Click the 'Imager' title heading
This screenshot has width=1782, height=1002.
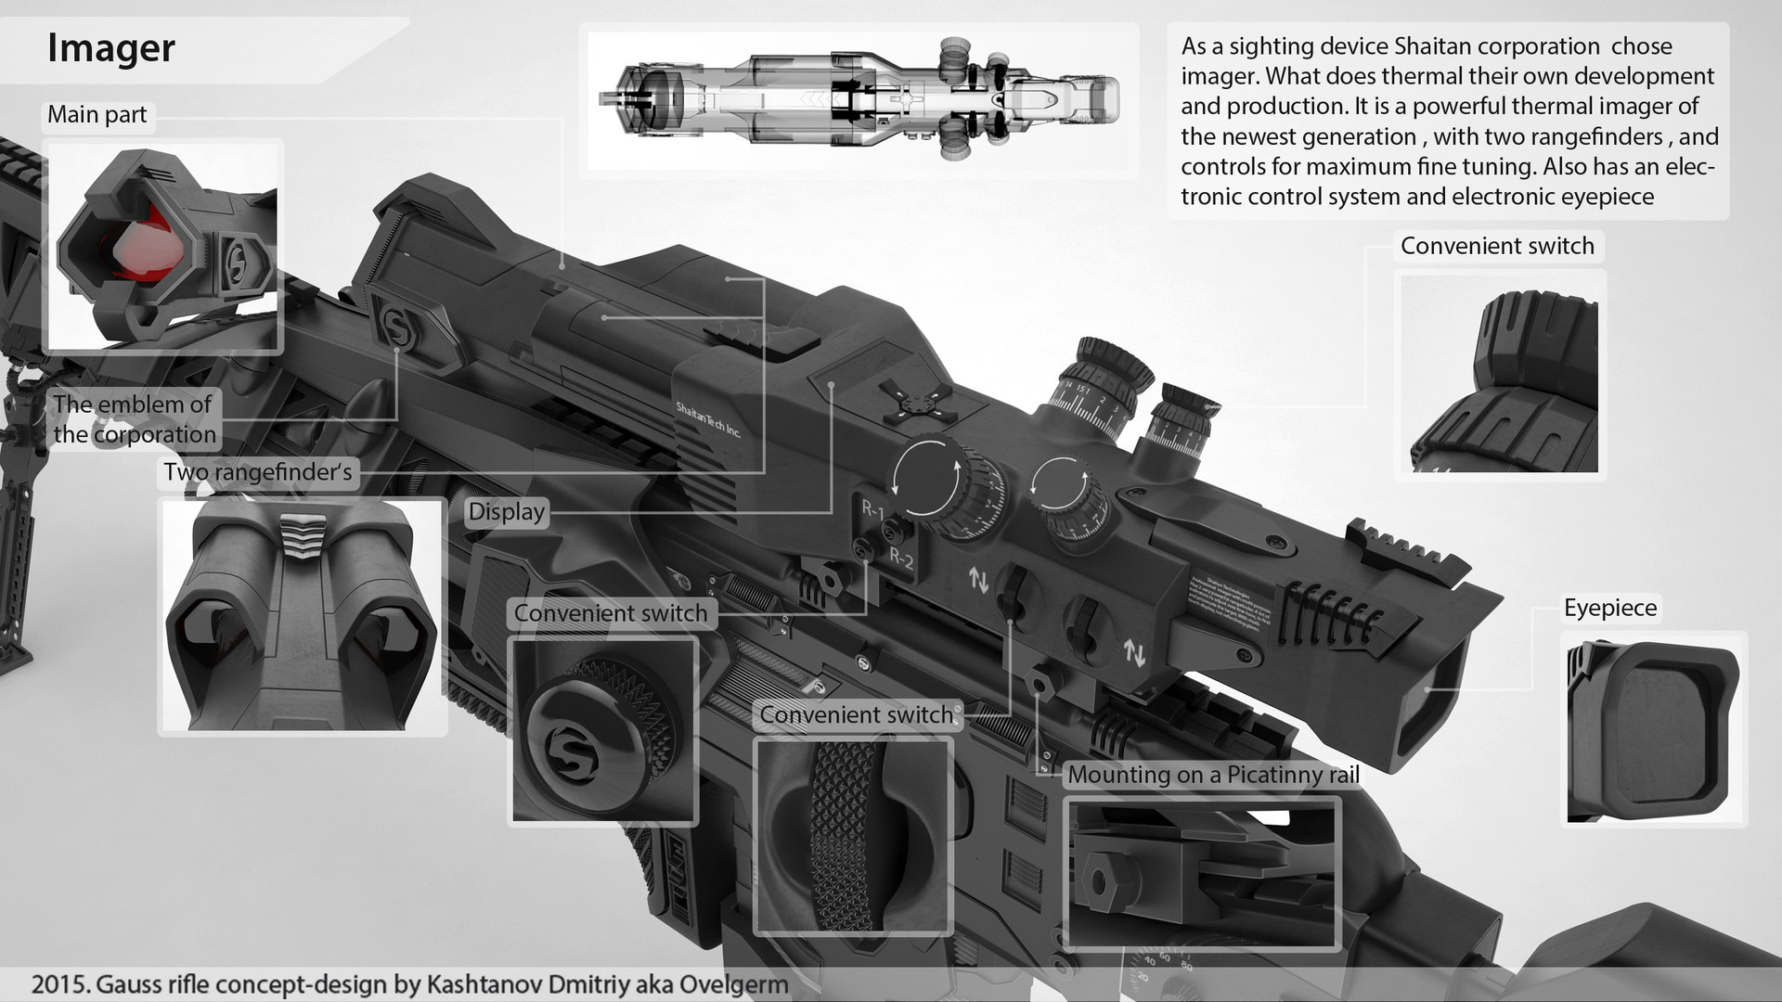click(x=110, y=48)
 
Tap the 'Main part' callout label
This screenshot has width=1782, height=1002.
click(x=97, y=115)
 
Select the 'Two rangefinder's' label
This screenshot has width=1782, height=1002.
click(x=258, y=472)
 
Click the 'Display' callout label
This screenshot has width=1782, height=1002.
click(x=506, y=512)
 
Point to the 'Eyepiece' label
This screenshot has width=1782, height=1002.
click(x=1609, y=609)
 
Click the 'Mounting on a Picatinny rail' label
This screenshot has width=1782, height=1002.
click(x=1213, y=775)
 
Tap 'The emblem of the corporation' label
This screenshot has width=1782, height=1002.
click(x=134, y=419)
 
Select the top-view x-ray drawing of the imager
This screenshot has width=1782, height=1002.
click(x=859, y=100)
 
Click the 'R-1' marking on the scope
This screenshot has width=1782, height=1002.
click(x=872, y=509)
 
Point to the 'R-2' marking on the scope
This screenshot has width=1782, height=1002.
click(x=901, y=558)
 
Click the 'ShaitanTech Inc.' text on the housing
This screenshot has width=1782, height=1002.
click(x=707, y=419)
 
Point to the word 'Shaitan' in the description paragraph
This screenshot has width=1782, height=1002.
click(x=1457, y=46)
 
